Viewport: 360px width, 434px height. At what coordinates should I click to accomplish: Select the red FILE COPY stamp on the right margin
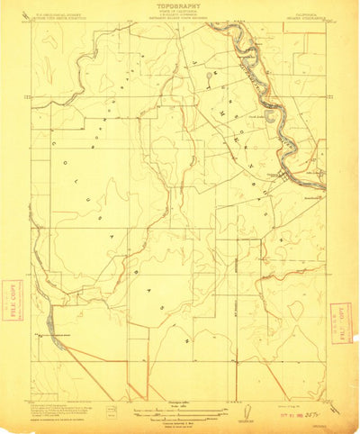(x=340, y=322)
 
